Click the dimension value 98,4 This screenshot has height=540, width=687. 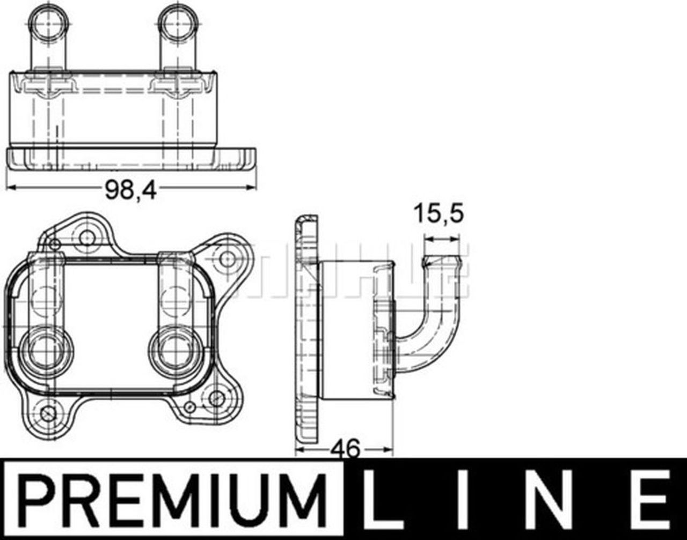tap(130, 190)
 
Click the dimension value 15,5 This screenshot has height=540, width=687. tap(438, 214)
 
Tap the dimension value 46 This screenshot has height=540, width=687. tap(346, 448)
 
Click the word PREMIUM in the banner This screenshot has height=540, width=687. tap(171, 499)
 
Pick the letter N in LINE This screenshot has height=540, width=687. tap(545, 499)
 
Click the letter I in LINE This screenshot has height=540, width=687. tap(463, 499)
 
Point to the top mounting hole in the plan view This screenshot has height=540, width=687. tap(86, 236)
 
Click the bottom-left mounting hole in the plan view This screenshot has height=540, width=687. tap(48, 413)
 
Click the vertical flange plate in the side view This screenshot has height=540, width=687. tap(307, 330)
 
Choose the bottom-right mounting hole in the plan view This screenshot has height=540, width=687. tap(216, 398)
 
